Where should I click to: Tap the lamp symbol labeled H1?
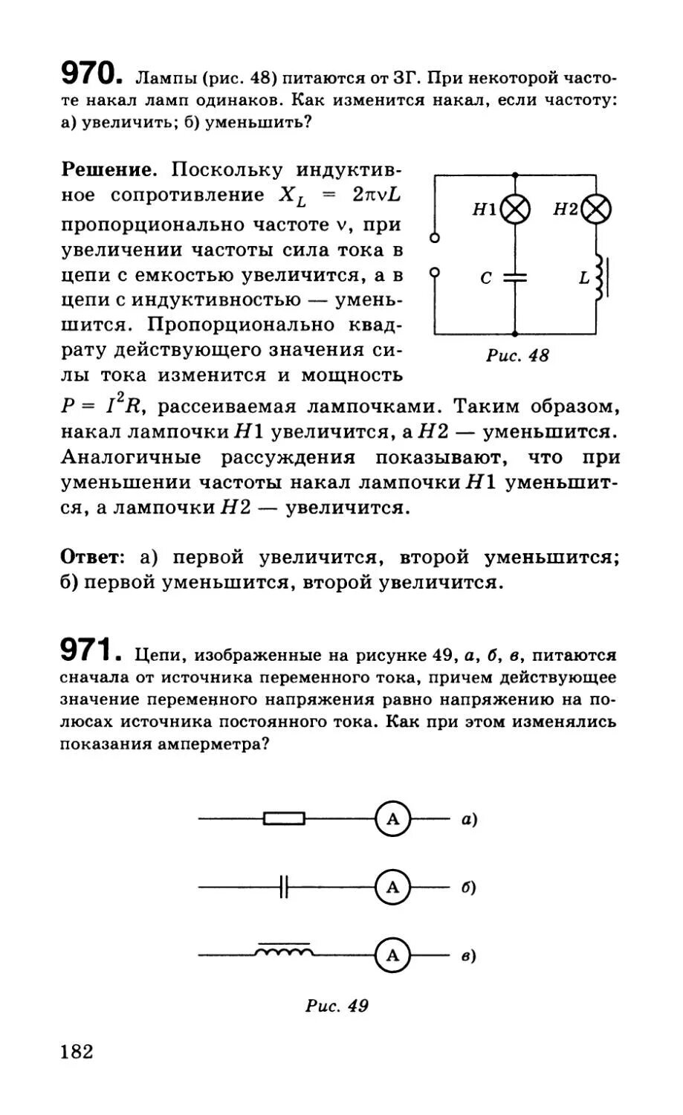[x=516, y=210]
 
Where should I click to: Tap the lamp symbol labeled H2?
[x=596, y=210]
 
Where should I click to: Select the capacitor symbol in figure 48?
[x=515, y=277]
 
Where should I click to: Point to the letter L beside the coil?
[x=583, y=279]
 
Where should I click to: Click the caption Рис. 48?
[x=517, y=356]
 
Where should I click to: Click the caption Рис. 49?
[x=337, y=1006]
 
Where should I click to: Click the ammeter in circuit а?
[x=393, y=819]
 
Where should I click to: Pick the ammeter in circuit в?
[x=393, y=955]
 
